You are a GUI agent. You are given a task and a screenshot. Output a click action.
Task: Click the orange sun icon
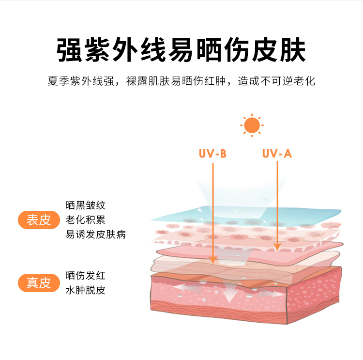coord(252,125)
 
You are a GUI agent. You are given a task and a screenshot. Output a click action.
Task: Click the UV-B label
coord(212,154)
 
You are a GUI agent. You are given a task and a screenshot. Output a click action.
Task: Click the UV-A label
coord(277,154)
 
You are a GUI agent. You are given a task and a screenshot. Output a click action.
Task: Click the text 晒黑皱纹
coord(86,205)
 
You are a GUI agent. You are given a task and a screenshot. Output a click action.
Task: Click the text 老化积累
coord(86,220)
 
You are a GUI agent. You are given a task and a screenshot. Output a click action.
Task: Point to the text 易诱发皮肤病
coord(96,235)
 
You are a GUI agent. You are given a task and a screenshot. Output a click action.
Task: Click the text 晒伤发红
coord(86,276)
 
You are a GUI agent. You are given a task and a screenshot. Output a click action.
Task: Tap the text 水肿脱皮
coord(86,290)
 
